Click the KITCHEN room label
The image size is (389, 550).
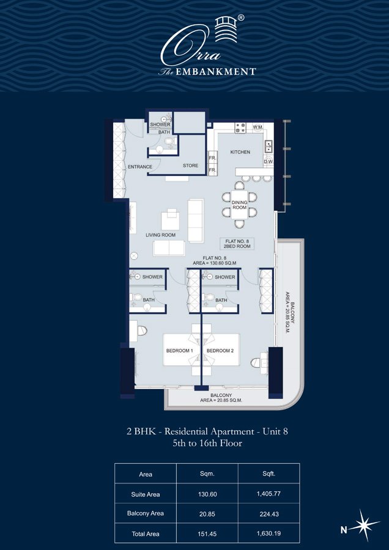pos(240,152)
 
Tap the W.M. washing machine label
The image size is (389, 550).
pos(258,127)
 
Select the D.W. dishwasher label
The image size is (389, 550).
pos(269,162)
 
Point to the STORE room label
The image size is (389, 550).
pos(190,166)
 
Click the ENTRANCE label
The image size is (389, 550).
pos(139,167)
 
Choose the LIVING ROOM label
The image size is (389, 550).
pos(160,235)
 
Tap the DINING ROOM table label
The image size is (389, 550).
pos(239,205)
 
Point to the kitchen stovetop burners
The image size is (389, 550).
pos(241,128)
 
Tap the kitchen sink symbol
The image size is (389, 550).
pos(269,145)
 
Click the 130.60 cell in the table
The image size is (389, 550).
pos(207,494)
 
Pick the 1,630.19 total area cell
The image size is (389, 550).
pos(269,534)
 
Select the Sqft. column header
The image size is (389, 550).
pos(269,474)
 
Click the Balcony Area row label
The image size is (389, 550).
pos(146,513)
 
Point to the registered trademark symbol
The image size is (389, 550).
pos(241,17)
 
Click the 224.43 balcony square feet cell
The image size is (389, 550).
pos(269,513)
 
